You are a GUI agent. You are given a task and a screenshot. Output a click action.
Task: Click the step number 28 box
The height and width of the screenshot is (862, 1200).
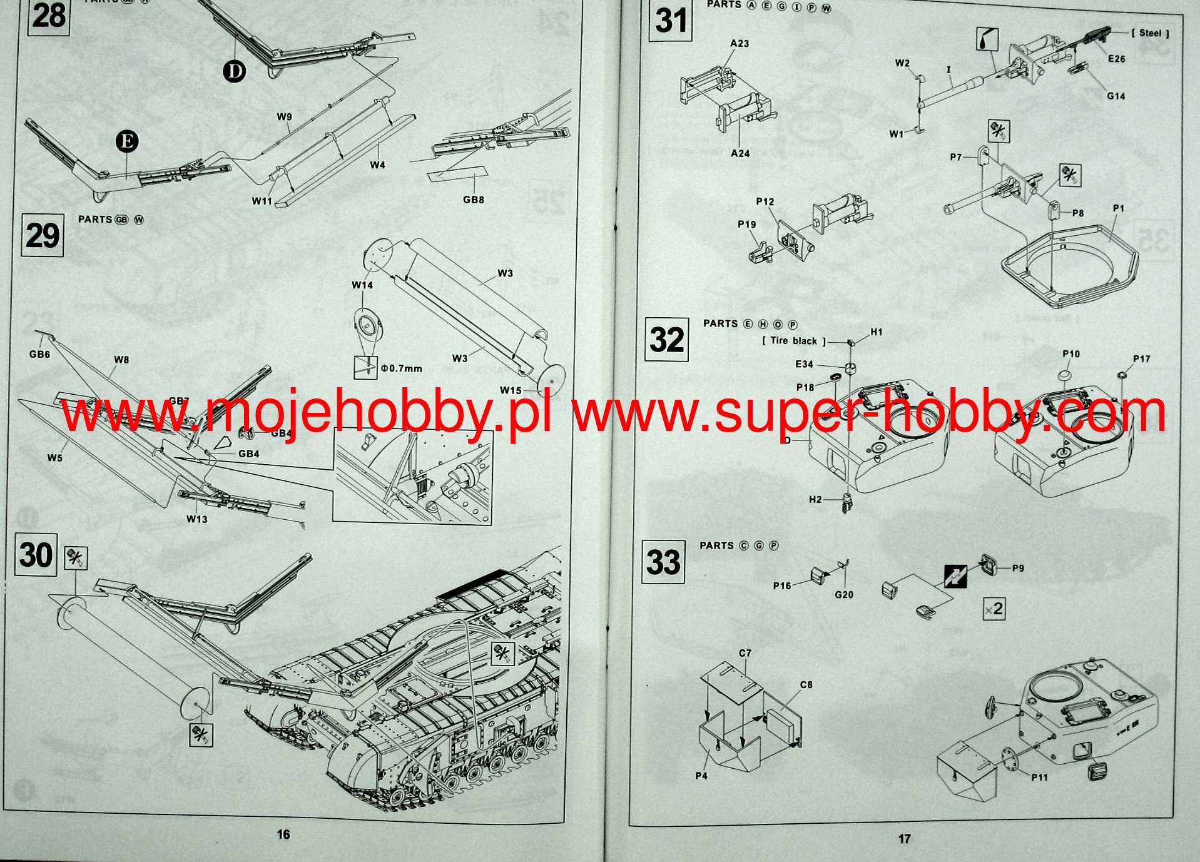[x=48, y=16]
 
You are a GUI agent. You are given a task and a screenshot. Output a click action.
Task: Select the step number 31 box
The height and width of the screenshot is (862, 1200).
[x=670, y=21]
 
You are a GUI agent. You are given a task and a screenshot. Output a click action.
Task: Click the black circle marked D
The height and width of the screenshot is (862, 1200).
[x=235, y=71]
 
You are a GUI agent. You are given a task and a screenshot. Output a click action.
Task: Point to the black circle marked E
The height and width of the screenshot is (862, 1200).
[x=127, y=141]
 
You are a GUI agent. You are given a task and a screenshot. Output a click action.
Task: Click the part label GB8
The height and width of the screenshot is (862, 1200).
[x=474, y=200]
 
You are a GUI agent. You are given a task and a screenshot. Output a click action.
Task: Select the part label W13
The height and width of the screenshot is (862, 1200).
[x=196, y=519]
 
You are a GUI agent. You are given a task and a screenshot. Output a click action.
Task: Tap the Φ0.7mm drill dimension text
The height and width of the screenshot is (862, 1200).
[x=402, y=368]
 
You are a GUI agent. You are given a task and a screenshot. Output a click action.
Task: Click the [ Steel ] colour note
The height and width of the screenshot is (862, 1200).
[x=1150, y=33]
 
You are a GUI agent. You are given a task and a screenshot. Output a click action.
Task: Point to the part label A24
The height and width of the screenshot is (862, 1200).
[x=740, y=153]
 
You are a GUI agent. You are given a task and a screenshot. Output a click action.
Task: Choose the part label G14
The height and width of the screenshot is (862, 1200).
[x=1116, y=96]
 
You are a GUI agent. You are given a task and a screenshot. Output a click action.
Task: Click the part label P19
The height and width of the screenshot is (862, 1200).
[x=746, y=224]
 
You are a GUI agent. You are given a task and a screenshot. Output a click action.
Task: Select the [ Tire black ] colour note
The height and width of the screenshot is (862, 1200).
[x=794, y=341]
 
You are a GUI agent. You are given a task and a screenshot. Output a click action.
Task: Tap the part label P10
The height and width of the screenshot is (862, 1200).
[x=1071, y=354]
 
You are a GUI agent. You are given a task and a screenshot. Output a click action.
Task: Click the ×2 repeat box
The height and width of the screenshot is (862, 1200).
[x=994, y=609]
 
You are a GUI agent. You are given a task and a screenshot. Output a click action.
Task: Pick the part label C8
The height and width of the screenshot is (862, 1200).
[x=806, y=685]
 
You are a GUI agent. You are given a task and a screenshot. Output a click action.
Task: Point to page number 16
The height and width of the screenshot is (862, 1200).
[x=283, y=834]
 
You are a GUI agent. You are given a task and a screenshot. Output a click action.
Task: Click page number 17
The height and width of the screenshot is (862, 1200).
[x=905, y=839]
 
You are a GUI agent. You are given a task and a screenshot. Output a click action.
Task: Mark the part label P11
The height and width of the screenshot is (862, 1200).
[x=1039, y=777]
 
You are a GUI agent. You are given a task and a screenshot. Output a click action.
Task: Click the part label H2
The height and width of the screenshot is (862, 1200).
[x=815, y=499]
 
